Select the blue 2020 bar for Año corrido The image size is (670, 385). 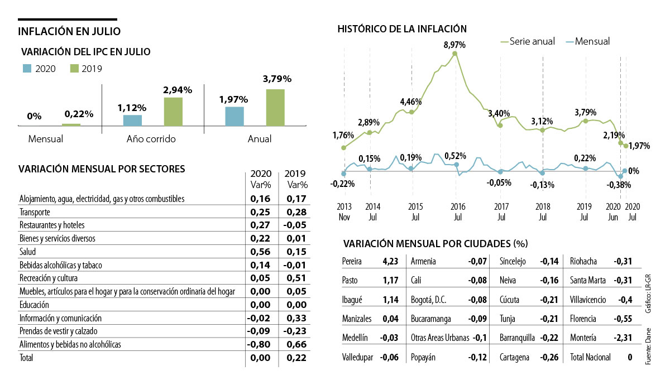(x=132, y=121)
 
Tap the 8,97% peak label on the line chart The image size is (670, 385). (x=454, y=45)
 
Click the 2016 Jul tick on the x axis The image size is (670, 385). (x=456, y=210)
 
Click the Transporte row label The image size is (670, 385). (x=35, y=212)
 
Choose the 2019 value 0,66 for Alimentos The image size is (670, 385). (x=296, y=344)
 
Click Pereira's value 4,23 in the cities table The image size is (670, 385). (x=390, y=261)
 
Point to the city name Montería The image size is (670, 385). (x=583, y=338)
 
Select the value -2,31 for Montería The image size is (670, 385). (x=623, y=338)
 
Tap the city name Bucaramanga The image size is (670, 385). (x=432, y=319)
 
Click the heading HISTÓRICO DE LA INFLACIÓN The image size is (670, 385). (x=402, y=28)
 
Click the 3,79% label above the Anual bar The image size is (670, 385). (x=276, y=79)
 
